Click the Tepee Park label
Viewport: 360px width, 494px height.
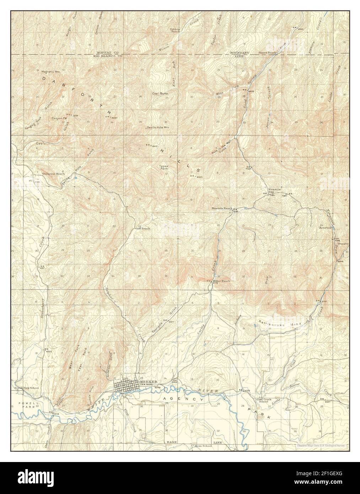click(163, 167)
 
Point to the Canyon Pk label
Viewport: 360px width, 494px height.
click(59, 118)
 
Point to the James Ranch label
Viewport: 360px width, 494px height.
click(267, 53)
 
